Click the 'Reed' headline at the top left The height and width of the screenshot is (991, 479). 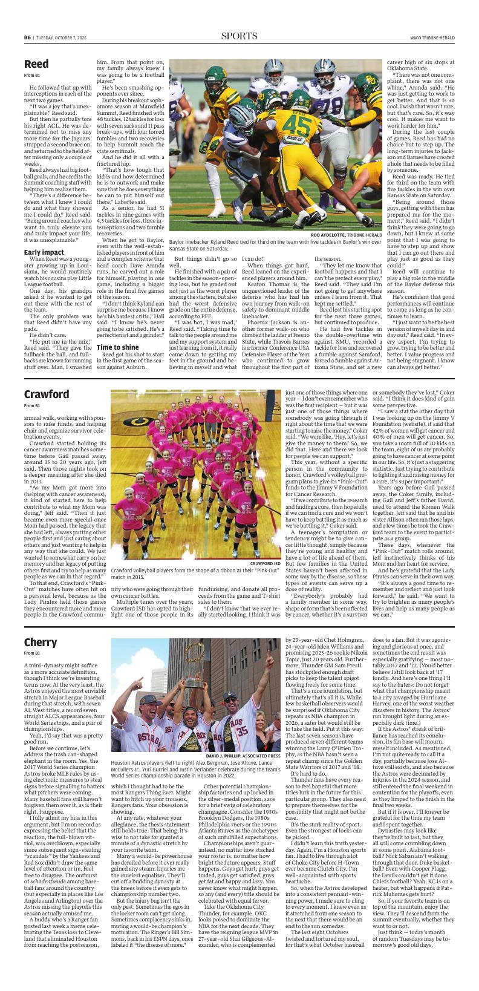(x=37, y=64)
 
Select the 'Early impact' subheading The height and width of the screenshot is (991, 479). (x=44, y=252)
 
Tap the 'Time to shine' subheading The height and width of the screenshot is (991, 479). (x=119, y=347)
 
